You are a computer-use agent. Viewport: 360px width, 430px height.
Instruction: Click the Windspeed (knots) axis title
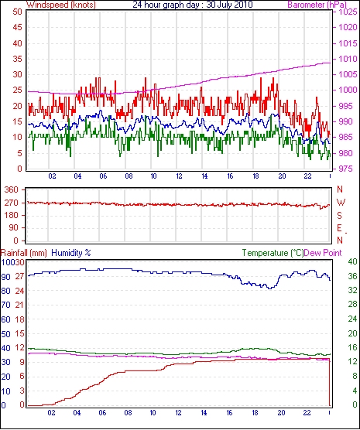coord(61,5)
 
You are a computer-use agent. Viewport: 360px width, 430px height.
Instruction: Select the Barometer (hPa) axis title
coord(317,5)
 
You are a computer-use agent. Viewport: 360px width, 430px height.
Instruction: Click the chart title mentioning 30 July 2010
coord(193,5)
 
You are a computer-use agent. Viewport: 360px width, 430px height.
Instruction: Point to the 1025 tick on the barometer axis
coord(348,12)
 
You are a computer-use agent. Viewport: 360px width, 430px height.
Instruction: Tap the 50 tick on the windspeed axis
coord(17,12)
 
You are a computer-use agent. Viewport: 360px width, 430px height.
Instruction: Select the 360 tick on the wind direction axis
coord(12,189)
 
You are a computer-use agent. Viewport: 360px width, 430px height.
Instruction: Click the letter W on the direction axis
coord(341,203)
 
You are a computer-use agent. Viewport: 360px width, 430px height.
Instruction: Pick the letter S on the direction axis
coord(340,216)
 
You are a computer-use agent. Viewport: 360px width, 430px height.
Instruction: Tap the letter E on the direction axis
coord(340,228)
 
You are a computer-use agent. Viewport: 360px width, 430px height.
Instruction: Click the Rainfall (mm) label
coord(24,253)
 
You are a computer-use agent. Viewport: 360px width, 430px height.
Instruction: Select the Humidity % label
coord(71,253)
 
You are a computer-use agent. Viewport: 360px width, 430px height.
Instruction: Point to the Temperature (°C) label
coord(273,253)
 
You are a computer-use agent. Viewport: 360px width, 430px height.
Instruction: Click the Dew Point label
coord(323,253)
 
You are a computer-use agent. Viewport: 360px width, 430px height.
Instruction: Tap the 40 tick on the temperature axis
coord(352,261)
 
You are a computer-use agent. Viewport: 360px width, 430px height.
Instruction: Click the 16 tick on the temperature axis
coord(352,347)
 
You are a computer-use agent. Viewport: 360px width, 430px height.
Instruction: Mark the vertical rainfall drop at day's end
coord(330,382)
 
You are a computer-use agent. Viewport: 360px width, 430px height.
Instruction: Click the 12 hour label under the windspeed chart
coord(179,176)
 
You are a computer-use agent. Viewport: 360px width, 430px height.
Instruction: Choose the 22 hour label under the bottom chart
coord(307,413)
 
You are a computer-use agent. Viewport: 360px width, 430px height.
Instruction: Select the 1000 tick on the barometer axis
coord(348,90)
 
